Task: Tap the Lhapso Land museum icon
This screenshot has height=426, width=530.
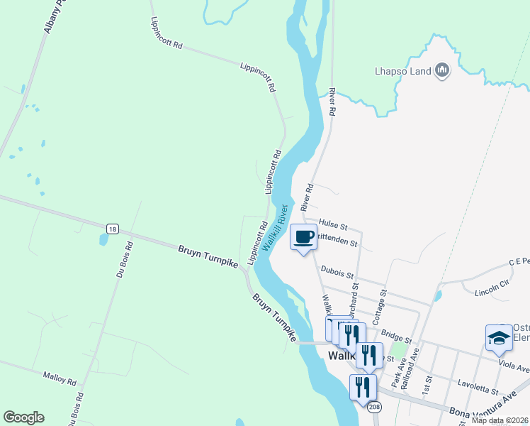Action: coord(443,70)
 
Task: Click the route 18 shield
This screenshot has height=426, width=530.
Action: coord(112,229)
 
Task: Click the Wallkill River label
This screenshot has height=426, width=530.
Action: coord(275,228)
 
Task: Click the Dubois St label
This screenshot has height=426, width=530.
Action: coord(337,269)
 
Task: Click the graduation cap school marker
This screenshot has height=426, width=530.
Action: coord(499,338)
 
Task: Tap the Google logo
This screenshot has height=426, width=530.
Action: coord(23,417)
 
